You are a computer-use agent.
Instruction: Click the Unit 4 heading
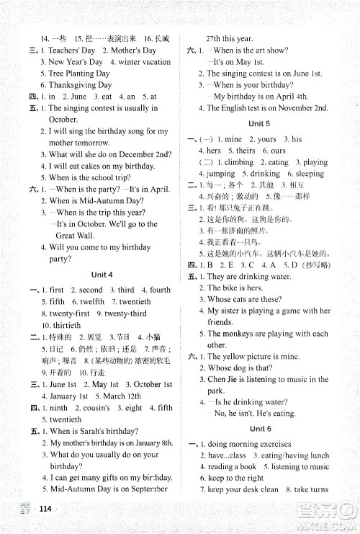click(x=102, y=275)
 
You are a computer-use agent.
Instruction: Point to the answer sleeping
click(x=310, y=174)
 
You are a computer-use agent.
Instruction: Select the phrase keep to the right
click(x=235, y=478)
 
